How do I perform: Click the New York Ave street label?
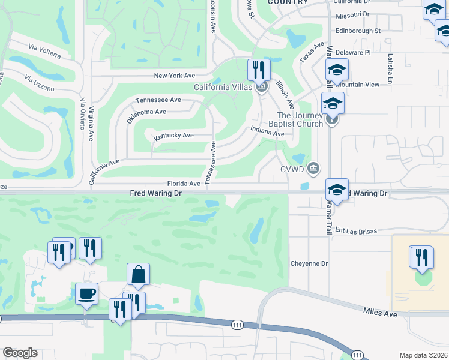coord(175,76)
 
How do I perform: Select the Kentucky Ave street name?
coord(173,136)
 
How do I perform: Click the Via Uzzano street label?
coord(40,83)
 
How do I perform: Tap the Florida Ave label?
coord(184,184)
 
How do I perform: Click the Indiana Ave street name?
coord(267,131)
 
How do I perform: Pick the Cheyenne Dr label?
coord(309,263)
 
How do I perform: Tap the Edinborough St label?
coord(358,31)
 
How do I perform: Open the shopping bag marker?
coord(138,275)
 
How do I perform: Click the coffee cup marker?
coord(87,293)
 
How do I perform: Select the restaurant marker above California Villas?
coord(259,70)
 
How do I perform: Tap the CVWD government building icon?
coord(313,167)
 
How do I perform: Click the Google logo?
coord(20,353)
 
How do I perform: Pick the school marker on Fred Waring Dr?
coord(337,190)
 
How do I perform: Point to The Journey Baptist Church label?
coord(300,120)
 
